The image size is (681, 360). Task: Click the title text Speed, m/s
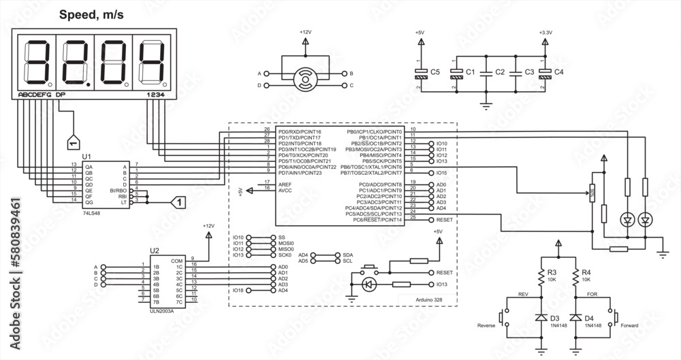pos(91,14)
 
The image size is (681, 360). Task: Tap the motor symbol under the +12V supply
pos(304,79)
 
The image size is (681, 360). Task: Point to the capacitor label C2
pos(500,71)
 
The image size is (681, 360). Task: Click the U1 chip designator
pos(86,157)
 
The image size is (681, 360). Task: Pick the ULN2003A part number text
pos(162,312)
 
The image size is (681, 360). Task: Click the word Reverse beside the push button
pos(487,325)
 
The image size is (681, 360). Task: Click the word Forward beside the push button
pos(630,325)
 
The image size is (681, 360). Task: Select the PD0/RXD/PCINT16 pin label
pos(300,131)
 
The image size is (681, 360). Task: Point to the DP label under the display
pos(61,95)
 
